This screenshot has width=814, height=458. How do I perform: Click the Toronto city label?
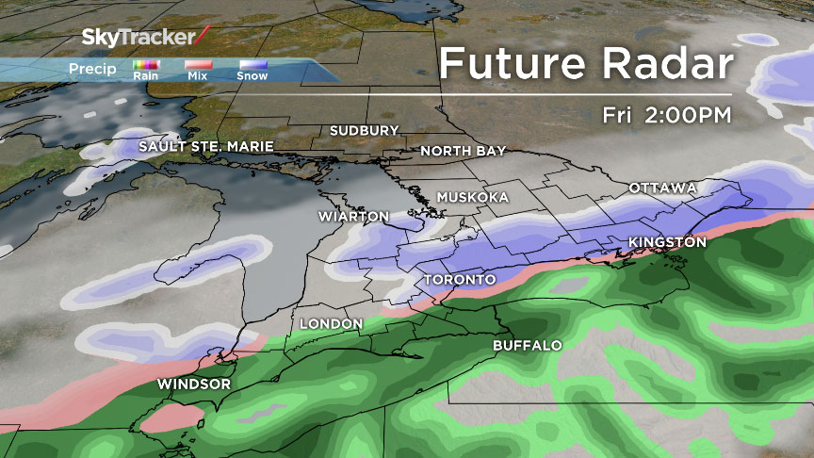click(x=460, y=281)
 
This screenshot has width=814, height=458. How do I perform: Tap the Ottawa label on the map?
click(x=662, y=188)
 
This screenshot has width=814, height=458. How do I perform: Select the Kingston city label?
click(x=667, y=243)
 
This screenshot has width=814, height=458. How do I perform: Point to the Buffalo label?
click(x=528, y=346)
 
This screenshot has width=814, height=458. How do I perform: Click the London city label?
click(x=331, y=324)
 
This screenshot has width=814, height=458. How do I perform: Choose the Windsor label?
click(x=194, y=384)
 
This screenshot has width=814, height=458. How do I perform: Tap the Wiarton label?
click(x=354, y=217)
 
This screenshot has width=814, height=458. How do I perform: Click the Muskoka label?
click(x=473, y=197)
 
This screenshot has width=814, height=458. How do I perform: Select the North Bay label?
click(x=464, y=151)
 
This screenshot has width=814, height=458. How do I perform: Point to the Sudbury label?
click(x=365, y=130)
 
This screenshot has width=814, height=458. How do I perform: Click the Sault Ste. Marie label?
click(x=206, y=147)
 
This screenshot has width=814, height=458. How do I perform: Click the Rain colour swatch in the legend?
click(x=146, y=66)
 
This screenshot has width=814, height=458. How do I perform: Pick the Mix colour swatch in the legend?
click(x=198, y=66)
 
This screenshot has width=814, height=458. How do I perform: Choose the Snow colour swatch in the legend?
click(x=252, y=66)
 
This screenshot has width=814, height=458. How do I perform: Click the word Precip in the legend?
click(x=92, y=69)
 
